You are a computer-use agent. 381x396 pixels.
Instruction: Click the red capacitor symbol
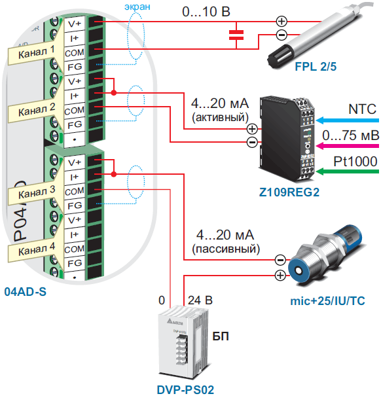236,35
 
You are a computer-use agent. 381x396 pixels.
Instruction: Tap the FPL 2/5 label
316,67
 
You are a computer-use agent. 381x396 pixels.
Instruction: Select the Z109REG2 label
289,192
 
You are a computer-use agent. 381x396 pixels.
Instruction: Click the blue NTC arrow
348,120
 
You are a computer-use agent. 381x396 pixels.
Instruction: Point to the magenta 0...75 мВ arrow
348,146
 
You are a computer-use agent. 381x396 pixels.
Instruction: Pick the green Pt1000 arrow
348,171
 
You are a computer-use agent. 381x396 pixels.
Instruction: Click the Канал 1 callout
36,52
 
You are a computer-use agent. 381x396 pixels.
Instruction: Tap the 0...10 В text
206,12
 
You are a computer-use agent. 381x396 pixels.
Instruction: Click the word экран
137,7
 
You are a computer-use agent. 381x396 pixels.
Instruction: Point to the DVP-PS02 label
185,389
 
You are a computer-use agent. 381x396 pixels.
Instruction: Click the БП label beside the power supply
221,336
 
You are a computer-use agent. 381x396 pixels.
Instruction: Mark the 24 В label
200,300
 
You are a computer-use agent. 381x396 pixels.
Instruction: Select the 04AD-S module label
26,292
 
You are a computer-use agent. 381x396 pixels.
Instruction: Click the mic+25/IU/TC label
327,301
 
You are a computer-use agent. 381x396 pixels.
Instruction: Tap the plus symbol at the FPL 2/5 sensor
281,21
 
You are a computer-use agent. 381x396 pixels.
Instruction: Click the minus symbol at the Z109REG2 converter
252,142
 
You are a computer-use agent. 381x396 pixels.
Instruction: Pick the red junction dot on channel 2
114,93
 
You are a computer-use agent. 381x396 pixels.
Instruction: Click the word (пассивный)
226,249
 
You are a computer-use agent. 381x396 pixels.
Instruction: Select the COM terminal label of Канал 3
74,191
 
